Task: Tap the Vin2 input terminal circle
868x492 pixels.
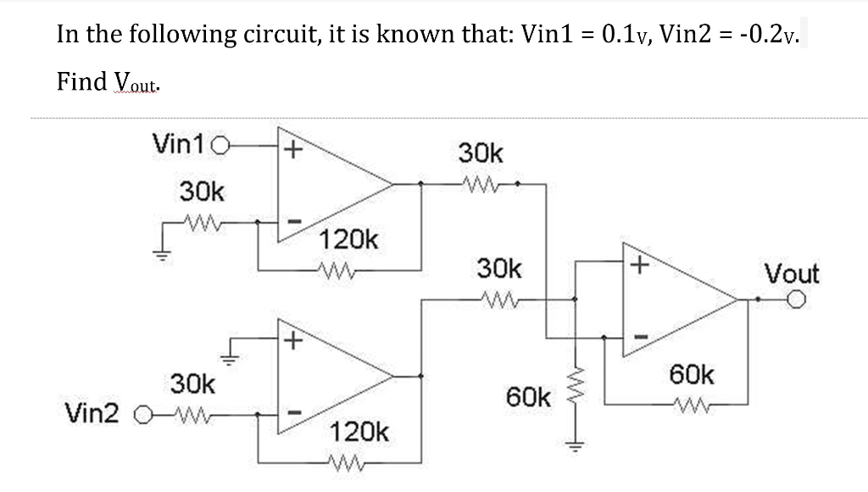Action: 145,416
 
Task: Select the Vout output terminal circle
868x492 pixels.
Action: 795,299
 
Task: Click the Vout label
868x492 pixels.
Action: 792,274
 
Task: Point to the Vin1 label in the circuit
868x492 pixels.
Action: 178,143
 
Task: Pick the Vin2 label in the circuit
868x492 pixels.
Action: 94,414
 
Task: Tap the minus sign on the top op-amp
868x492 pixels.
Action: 292,222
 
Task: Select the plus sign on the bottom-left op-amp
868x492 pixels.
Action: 292,341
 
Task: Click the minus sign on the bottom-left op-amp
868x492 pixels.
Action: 292,413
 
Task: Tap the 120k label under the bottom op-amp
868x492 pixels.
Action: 359,434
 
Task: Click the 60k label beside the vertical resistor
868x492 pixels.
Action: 529,395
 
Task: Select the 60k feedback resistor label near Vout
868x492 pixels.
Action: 693,373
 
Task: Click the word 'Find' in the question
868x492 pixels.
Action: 81,81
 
